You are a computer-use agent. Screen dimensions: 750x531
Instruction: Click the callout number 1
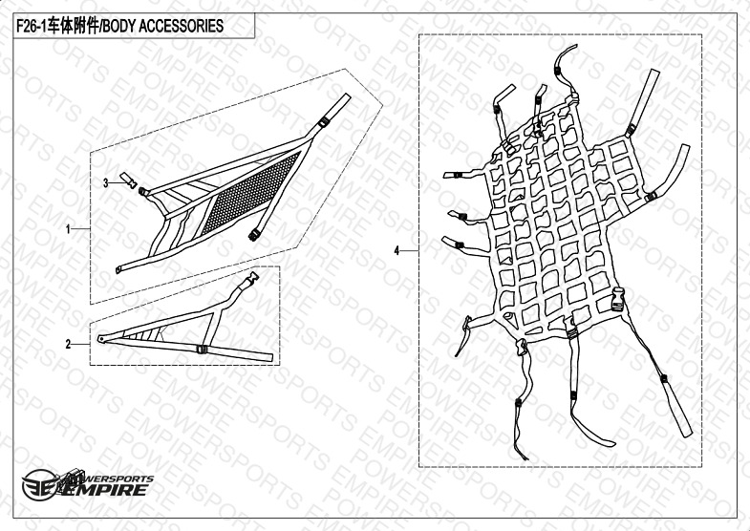68,229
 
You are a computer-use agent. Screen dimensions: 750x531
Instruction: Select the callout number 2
68,344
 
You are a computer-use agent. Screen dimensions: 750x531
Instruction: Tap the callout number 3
106,182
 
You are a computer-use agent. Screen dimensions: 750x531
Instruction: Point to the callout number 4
396,250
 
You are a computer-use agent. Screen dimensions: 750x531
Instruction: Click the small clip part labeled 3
128,180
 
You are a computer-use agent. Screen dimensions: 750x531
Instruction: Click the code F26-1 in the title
32,26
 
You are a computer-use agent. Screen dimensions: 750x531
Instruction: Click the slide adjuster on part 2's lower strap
203,349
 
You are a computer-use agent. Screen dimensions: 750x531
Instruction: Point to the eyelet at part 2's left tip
100,338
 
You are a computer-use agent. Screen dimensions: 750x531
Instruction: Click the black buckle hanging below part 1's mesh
254,234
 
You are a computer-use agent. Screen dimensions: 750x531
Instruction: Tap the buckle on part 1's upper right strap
324,121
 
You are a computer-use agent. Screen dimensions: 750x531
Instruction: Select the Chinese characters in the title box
74,26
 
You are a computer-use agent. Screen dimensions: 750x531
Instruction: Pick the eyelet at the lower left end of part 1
118,270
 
